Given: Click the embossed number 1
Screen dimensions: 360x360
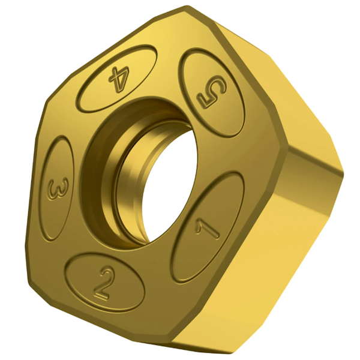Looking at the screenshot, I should point(206,229).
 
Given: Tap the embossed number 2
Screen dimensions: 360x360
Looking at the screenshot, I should point(103,282).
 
